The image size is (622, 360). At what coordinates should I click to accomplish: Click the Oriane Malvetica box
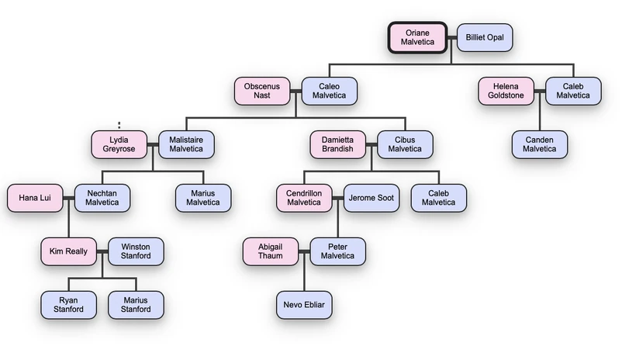(417, 37)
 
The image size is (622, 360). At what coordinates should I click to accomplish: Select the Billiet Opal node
(485, 37)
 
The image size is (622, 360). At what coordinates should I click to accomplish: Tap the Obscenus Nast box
(262, 91)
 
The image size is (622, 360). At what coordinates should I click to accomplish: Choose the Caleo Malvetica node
(329, 91)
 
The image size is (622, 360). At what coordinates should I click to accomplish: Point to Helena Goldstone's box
(506, 91)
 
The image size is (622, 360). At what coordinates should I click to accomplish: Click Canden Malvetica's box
(539, 144)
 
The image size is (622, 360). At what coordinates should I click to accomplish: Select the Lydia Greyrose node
(119, 144)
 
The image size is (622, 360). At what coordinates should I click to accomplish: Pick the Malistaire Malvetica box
(186, 144)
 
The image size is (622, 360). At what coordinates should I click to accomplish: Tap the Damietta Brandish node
(337, 144)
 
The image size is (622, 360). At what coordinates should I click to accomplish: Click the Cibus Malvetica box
(405, 144)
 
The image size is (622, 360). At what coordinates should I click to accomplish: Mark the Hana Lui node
(35, 198)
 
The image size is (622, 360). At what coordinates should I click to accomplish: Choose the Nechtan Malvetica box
(102, 198)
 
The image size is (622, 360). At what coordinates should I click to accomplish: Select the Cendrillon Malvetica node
(304, 198)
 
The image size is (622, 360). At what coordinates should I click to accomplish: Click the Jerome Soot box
(371, 198)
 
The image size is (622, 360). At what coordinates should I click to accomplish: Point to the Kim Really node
(68, 251)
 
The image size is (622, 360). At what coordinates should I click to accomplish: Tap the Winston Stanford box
(136, 251)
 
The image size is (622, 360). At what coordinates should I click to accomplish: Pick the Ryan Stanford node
(68, 305)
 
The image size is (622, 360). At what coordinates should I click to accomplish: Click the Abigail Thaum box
(270, 251)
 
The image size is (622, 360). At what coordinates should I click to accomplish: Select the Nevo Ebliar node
(304, 305)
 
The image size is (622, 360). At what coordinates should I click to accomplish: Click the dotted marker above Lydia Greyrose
(119, 124)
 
